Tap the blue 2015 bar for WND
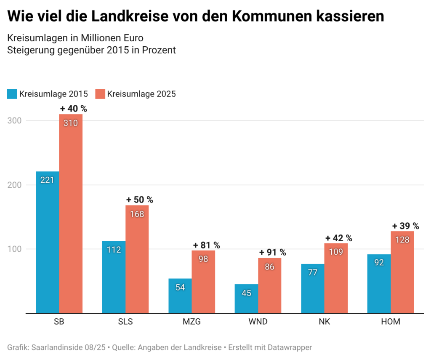pos(246,299)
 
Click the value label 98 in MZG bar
pos(203,259)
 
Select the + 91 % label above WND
pos(272,253)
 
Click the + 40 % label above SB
pos(73,109)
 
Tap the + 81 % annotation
pos(206,245)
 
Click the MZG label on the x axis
pos(192,323)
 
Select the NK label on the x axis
pos(324,323)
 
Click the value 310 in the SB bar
pos(70,123)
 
